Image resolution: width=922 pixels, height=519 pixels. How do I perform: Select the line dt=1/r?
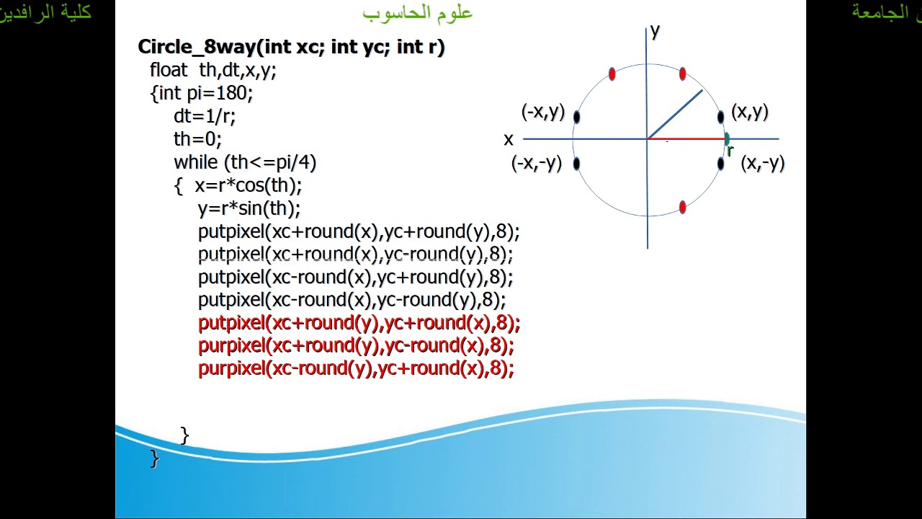click(x=205, y=116)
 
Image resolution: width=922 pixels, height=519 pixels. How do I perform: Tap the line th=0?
click(x=197, y=139)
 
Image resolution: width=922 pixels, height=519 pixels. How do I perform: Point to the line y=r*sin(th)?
click(x=249, y=208)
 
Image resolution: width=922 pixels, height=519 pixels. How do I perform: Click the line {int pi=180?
click(x=202, y=93)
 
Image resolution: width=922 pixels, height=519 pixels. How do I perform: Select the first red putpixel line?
click(x=359, y=323)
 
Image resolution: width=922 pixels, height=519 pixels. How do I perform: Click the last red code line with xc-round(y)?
click(x=356, y=369)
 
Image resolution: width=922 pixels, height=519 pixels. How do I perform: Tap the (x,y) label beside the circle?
click(x=750, y=112)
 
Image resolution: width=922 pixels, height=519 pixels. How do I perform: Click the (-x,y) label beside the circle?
click(x=542, y=112)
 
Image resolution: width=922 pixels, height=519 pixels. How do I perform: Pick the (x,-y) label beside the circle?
click(x=762, y=163)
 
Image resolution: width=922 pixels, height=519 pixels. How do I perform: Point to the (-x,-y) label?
click(x=536, y=163)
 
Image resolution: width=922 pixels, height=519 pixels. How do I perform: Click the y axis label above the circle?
click(x=655, y=30)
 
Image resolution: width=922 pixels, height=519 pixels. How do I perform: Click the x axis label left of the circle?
click(x=509, y=139)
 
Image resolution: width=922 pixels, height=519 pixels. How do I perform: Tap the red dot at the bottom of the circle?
click(x=683, y=208)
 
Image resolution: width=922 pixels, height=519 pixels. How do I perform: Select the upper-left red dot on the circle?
click(x=612, y=74)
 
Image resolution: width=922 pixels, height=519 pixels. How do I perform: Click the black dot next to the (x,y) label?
click(x=720, y=117)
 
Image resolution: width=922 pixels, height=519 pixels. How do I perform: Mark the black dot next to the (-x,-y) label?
click(x=576, y=164)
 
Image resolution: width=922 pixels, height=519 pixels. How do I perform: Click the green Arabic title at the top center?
click(x=418, y=12)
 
